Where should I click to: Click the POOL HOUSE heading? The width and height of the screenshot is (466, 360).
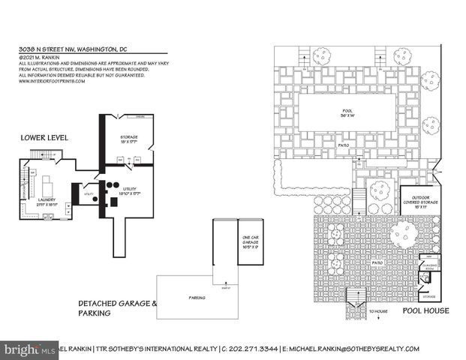coord(425,309)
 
